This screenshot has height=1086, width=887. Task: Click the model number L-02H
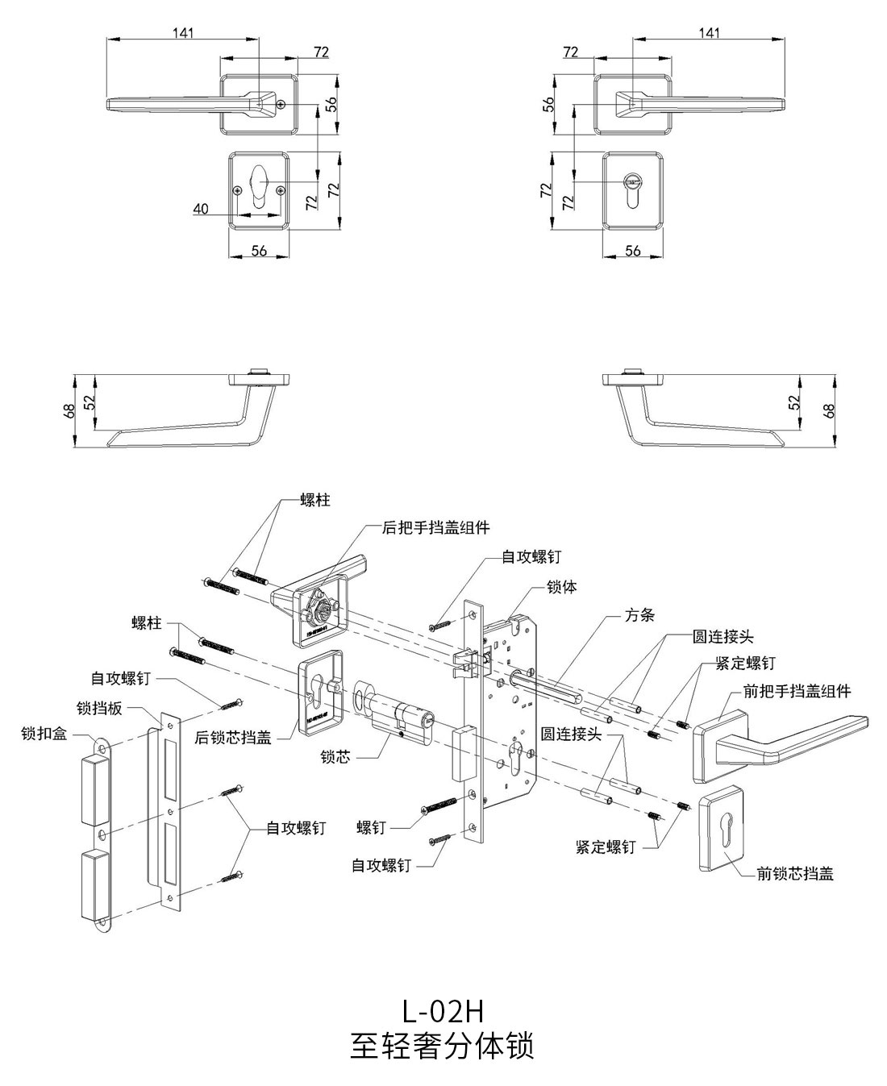(443, 1009)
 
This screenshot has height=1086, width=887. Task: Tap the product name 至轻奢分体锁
(443, 1046)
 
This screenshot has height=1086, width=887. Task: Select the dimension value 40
(201, 209)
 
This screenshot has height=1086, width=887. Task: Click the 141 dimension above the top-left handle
(184, 33)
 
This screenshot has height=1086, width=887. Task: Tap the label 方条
(639, 614)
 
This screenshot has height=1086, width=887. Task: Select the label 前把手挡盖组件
(797, 691)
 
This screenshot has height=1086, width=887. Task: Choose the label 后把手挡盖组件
(435, 527)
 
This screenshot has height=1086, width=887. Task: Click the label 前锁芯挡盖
(794, 873)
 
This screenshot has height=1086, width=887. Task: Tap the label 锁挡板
(99, 708)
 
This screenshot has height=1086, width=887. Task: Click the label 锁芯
(335, 758)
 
